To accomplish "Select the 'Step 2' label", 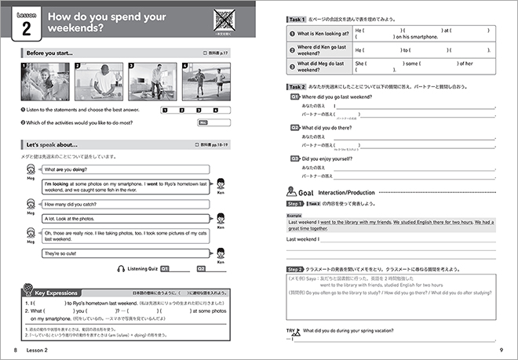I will pyautogui.click(x=298, y=268).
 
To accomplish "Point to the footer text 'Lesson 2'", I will pyautogui.click(x=38, y=350).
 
